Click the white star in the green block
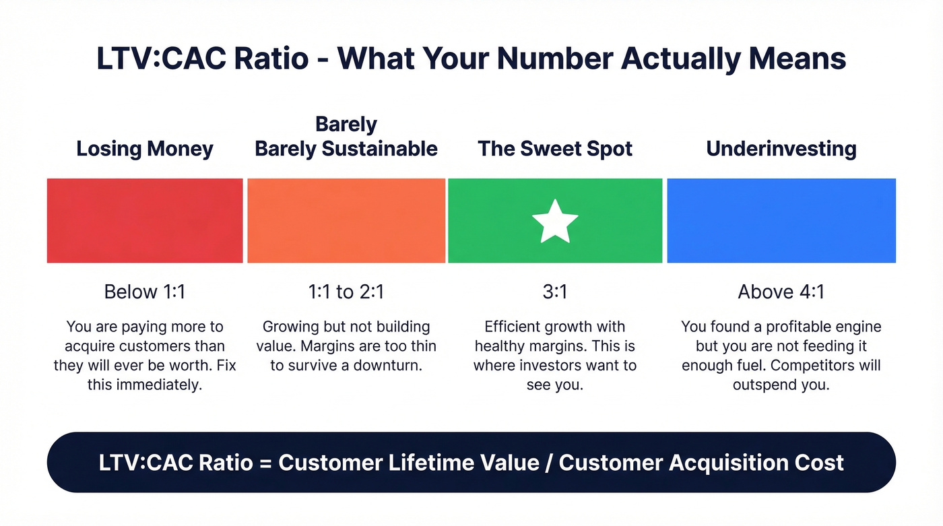555,221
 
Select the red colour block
145,221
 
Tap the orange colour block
346,221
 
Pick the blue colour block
781,221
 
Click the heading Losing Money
145,149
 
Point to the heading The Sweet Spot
555,149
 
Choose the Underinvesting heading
781,149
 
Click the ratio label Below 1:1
145,292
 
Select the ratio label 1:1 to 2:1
346,292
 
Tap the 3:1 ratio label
555,292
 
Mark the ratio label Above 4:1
781,292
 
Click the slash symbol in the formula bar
547,463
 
